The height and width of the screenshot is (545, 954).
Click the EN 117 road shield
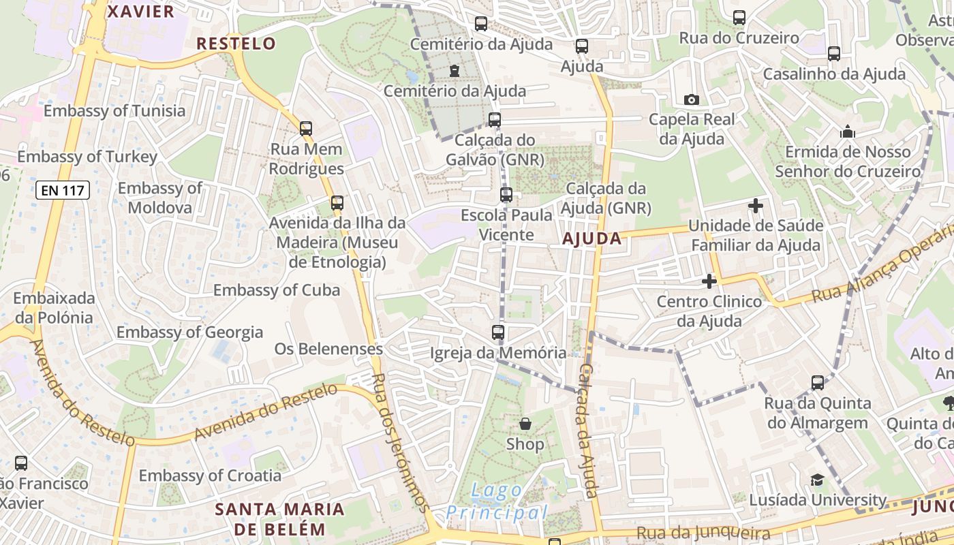(x=63, y=190)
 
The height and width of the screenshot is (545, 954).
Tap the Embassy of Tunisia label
(x=114, y=110)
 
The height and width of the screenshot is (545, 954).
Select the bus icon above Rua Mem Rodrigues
(x=306, y=128)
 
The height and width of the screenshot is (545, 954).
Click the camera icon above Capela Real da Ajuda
(x=692, y=99)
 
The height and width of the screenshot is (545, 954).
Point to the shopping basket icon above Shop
(x=525, y=424)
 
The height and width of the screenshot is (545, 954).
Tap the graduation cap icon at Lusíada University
(x=817, y=480)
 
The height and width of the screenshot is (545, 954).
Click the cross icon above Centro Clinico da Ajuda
(x=709, y=281)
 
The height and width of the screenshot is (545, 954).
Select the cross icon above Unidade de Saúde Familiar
(x=756, y=205)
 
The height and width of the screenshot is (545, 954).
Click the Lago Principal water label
(x=497, y=501)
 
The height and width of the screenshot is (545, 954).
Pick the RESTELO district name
(x=236, y=44)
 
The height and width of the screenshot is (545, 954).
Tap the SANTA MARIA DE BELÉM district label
(x=280, y=518)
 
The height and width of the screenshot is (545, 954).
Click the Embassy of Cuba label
(x=277, y=290)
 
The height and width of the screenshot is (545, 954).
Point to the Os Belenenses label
(x=328, y=349)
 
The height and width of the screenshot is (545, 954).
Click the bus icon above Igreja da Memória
(x=498, y=332)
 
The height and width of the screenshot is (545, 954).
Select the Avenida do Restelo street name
(x=266, y=411)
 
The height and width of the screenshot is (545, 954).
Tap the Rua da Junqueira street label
(x=703, y=533)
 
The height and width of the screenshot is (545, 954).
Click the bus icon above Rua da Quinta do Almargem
(x=818, y=383)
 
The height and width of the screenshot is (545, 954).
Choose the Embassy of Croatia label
(x=210, y=476)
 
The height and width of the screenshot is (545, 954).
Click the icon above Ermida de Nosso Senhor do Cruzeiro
(x=848, y=131)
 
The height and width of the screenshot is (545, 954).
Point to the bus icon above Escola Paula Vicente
(x=506, y=195)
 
